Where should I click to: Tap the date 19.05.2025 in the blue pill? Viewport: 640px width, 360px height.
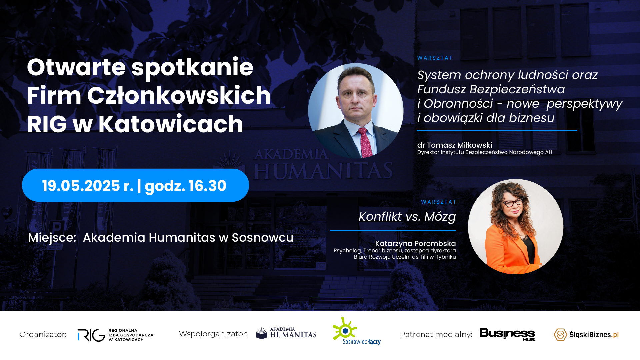point(81,186)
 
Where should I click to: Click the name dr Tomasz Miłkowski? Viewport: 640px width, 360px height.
point(454,145)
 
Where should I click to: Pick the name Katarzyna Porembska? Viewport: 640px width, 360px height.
point(415,244)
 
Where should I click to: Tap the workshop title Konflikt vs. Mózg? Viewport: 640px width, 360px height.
point(407,217)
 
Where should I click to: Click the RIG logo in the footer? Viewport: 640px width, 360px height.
point(115,335)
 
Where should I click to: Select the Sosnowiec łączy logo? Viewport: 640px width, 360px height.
point(357,331)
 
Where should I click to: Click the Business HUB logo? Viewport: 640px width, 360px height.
point(507,334)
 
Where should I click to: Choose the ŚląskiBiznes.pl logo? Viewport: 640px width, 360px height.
point(586,334)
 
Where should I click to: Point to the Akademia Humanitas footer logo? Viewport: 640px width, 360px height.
point(286,333)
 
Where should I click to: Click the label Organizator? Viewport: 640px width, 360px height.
point(43,334)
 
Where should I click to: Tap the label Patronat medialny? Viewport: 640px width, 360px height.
point(436,334)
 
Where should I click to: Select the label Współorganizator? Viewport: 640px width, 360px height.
point(213,334)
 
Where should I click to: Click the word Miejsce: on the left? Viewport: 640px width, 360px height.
point(52,238)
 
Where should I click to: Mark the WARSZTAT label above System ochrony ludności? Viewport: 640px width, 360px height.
point(435,58)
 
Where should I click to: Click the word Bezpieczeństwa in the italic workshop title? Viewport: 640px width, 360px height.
point(517,89)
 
